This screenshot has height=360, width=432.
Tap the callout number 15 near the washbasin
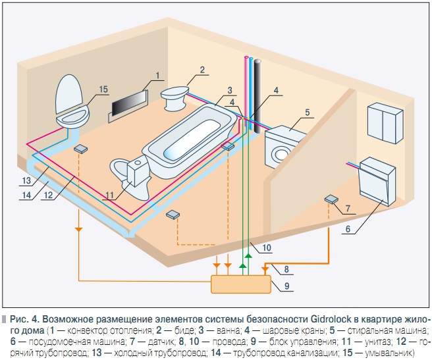103,90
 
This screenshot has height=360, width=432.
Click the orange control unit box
240,284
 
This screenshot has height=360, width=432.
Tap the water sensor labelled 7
331,199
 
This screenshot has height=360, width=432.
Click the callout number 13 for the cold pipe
26,180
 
